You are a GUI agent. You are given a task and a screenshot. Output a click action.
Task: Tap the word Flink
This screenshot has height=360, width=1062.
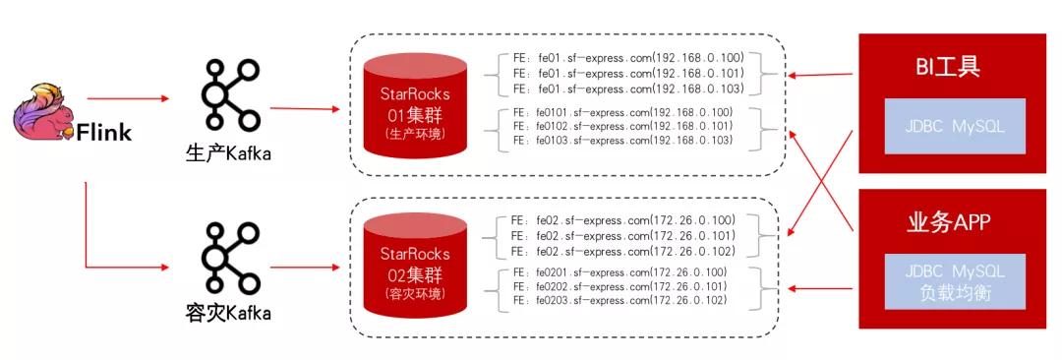pyautogui.click(x=105, y=134)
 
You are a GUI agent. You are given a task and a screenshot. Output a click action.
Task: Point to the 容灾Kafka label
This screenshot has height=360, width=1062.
pyautogui.click(x=229, y=313)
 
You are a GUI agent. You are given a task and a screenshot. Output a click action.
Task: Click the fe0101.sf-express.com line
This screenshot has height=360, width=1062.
pyautogui.click(x=622, y=113)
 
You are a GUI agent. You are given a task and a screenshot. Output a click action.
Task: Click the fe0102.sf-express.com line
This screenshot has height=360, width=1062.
pyautogui.click(x=622, y=127)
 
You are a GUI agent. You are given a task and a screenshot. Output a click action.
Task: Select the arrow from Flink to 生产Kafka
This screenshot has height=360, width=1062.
pyautogui.click(x=128, y=98)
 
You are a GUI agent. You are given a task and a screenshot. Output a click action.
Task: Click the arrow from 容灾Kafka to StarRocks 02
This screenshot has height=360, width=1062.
pyautogui.click(x=307, y=266)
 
